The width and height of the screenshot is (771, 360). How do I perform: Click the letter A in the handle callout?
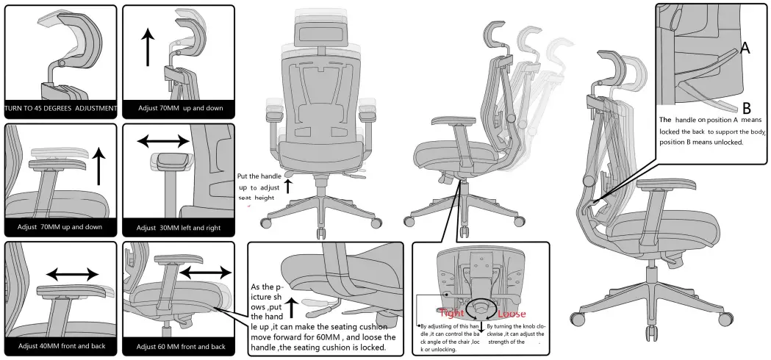pos(745,48)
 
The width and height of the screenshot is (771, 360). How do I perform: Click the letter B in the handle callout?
pos(745,107)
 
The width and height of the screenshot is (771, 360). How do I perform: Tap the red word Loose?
pos(512,314)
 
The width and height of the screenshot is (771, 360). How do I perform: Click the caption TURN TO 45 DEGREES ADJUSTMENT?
pos(60,109)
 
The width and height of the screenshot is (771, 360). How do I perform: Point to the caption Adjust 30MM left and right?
pos(179,228)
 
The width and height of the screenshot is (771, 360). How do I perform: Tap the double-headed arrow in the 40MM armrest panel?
pos(72,274)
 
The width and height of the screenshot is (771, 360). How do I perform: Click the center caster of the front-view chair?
pos(320,234)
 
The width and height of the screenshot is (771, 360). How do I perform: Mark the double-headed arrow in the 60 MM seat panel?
pos(205,273)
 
